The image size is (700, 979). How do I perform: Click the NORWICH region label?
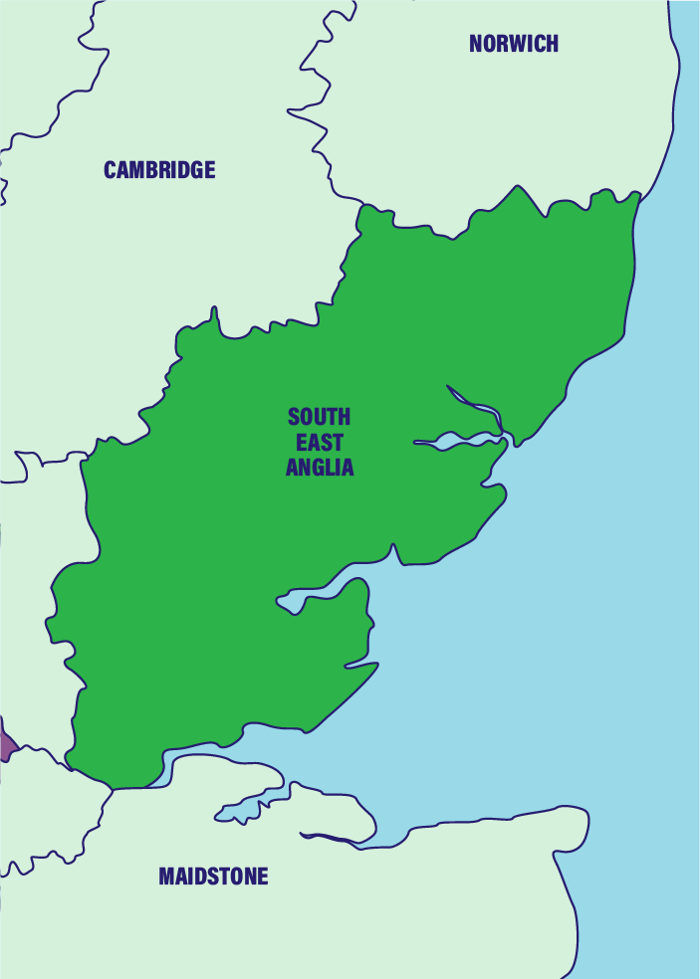(x=513, y=43)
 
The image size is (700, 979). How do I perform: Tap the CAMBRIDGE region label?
(x=159, y=170)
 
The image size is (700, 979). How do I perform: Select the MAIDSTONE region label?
(x=213, y=877)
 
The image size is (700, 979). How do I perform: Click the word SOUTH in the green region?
(x=320, y=417)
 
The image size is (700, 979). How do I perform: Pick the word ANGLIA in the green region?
(x=320, y=468)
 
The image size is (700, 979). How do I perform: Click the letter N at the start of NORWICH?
(x=476, y=43)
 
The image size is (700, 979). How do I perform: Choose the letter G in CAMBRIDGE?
(x=194, y=170)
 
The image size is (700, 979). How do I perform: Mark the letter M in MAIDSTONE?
(x=166, y=877)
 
